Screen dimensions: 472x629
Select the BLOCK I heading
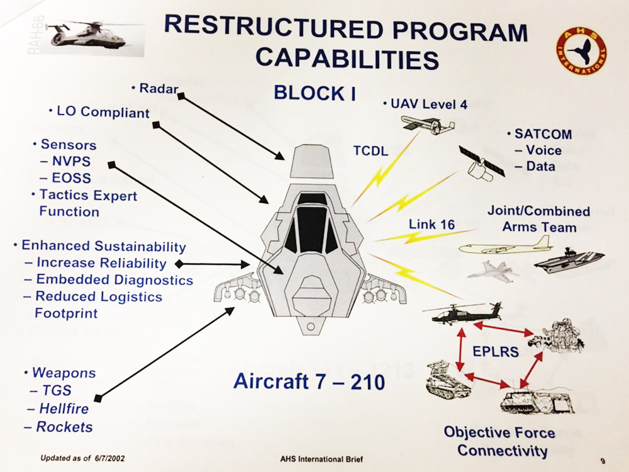(314, 93)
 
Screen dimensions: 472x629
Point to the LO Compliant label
(102, 113)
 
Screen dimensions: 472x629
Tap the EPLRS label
(496, 351)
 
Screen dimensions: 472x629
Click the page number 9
(602, 461)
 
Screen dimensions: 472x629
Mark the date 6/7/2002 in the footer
(107, 458)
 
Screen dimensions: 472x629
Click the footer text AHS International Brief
(321, 459)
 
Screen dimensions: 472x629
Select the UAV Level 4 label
(427, 104)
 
